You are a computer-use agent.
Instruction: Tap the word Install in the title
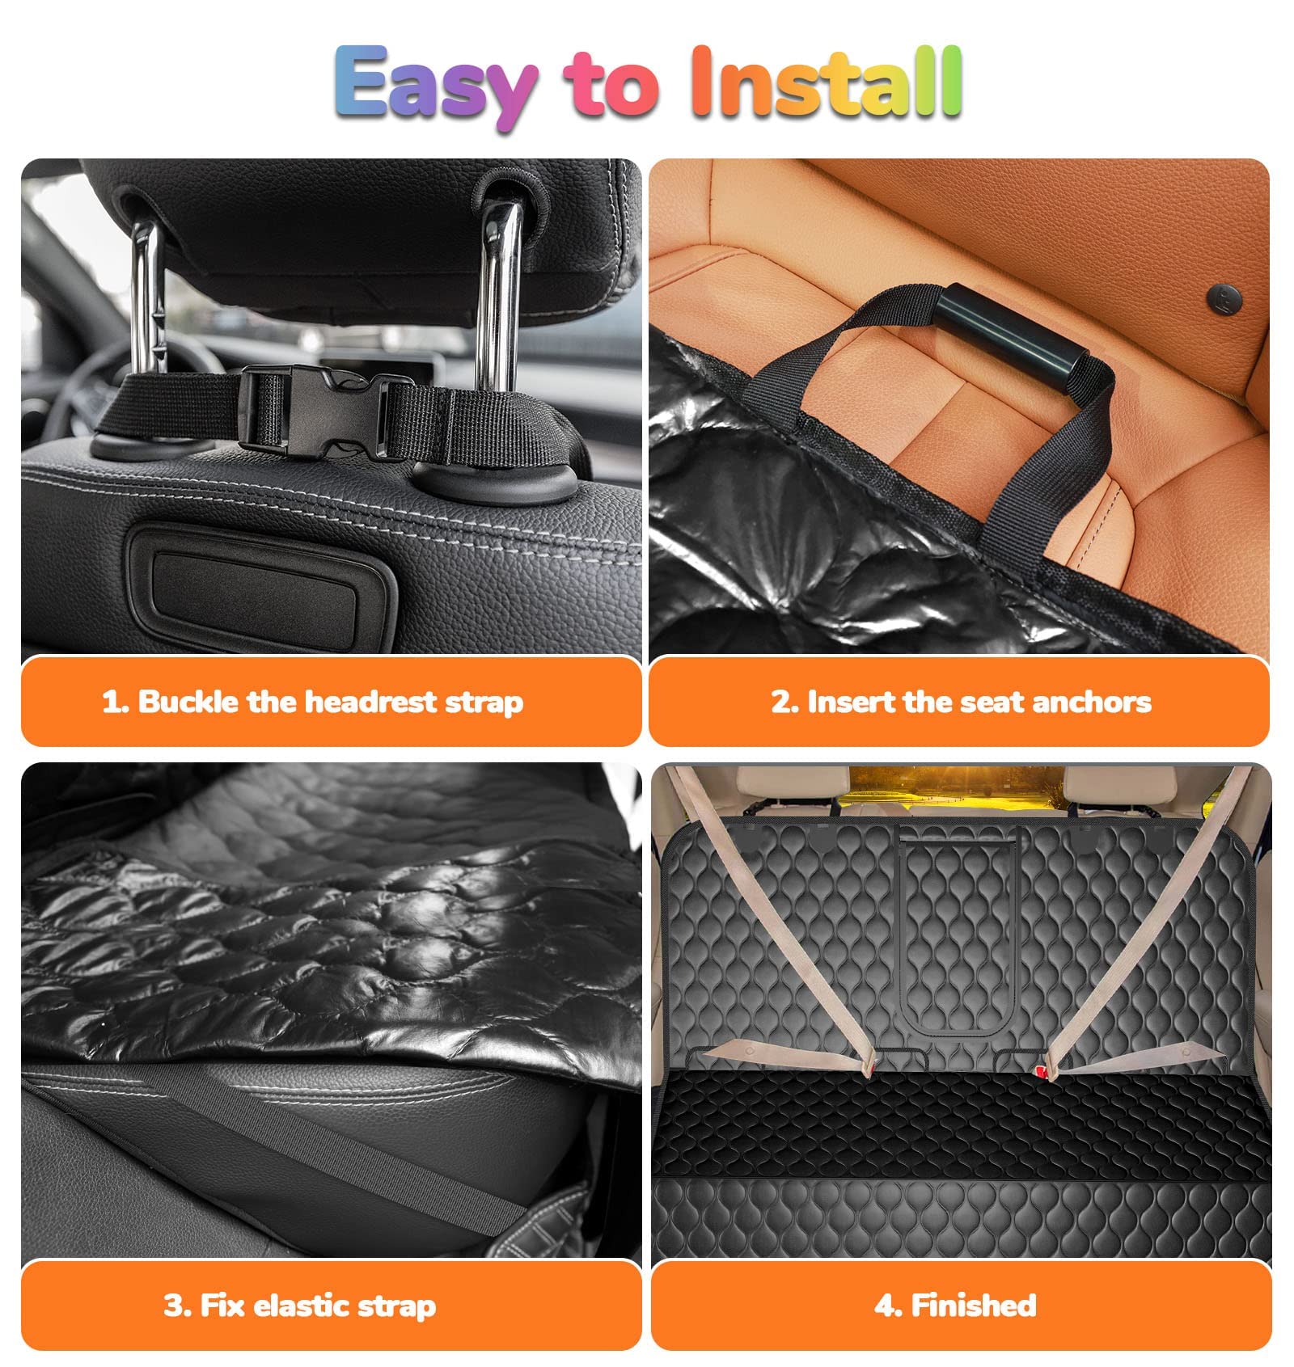pyautogui.click(x=826, y=82)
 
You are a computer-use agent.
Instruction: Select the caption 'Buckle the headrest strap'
pyautogui.click(x=312, y=702)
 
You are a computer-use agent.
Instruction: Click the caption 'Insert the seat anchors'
pyautogui.click(x=961, y=702)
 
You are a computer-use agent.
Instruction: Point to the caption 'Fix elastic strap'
pyautogui.click(x=300, y=1306)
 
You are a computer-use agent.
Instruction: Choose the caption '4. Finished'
pyautogui.click(x=955, y=1306)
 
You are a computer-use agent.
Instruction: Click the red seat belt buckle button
pyautogui.click(x=1040, y=1071)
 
